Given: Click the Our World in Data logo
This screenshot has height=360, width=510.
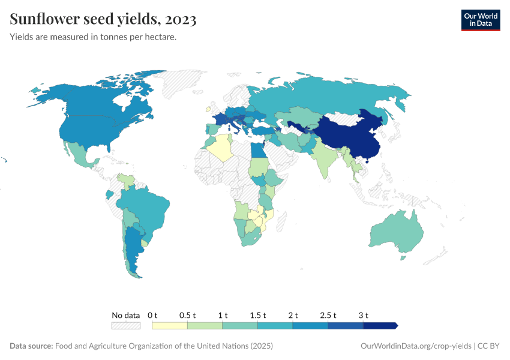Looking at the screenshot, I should (x=480, y=20).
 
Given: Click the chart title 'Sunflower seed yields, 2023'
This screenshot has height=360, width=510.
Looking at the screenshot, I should (x=103, y=20).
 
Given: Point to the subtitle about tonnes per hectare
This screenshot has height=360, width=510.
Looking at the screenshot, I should (x=93, y=37).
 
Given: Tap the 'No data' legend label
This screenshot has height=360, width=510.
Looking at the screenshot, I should (x=125, y=315).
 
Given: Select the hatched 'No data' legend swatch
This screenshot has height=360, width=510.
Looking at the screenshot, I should (x=125, y=326).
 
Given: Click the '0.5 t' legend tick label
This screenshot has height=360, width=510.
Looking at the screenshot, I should (x=187, y=315).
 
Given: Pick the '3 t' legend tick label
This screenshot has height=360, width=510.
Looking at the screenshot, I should (x=363, y=315).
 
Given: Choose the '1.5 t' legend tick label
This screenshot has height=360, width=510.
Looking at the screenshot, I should (x=257, y=315).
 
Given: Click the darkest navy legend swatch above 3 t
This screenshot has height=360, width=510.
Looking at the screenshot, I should (x=380, y=326).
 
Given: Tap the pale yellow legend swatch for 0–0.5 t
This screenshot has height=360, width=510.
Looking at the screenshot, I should (x=170, y=326).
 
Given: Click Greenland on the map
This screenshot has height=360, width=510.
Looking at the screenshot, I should (x=186, y=81).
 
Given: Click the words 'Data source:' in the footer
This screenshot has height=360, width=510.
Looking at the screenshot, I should (x=31, y=346).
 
